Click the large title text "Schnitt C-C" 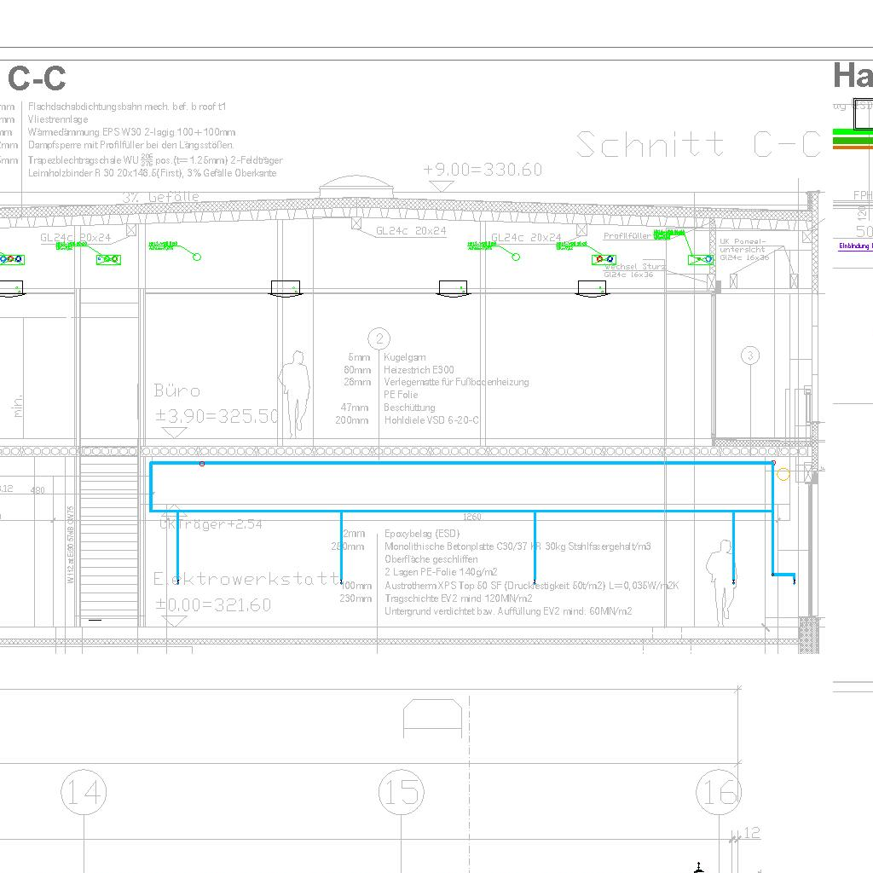[697, 145]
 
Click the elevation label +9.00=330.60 [483, 170]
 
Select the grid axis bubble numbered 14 [84, 793]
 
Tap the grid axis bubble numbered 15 [401, 793]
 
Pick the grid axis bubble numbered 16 [718, 793]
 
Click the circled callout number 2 [381, 339]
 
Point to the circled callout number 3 [749, 356]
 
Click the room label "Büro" [177, 391]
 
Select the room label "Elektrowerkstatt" [246, 579]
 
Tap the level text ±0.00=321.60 [213, 605]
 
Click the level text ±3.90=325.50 [217, 417]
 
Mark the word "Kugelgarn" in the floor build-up [405, 358]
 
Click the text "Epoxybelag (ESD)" [422, 533]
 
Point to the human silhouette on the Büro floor [295, 393]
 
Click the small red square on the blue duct [202, 464]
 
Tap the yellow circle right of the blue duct [783, 475]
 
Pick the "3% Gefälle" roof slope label [160, 197]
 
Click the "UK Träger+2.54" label [211, 524]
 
